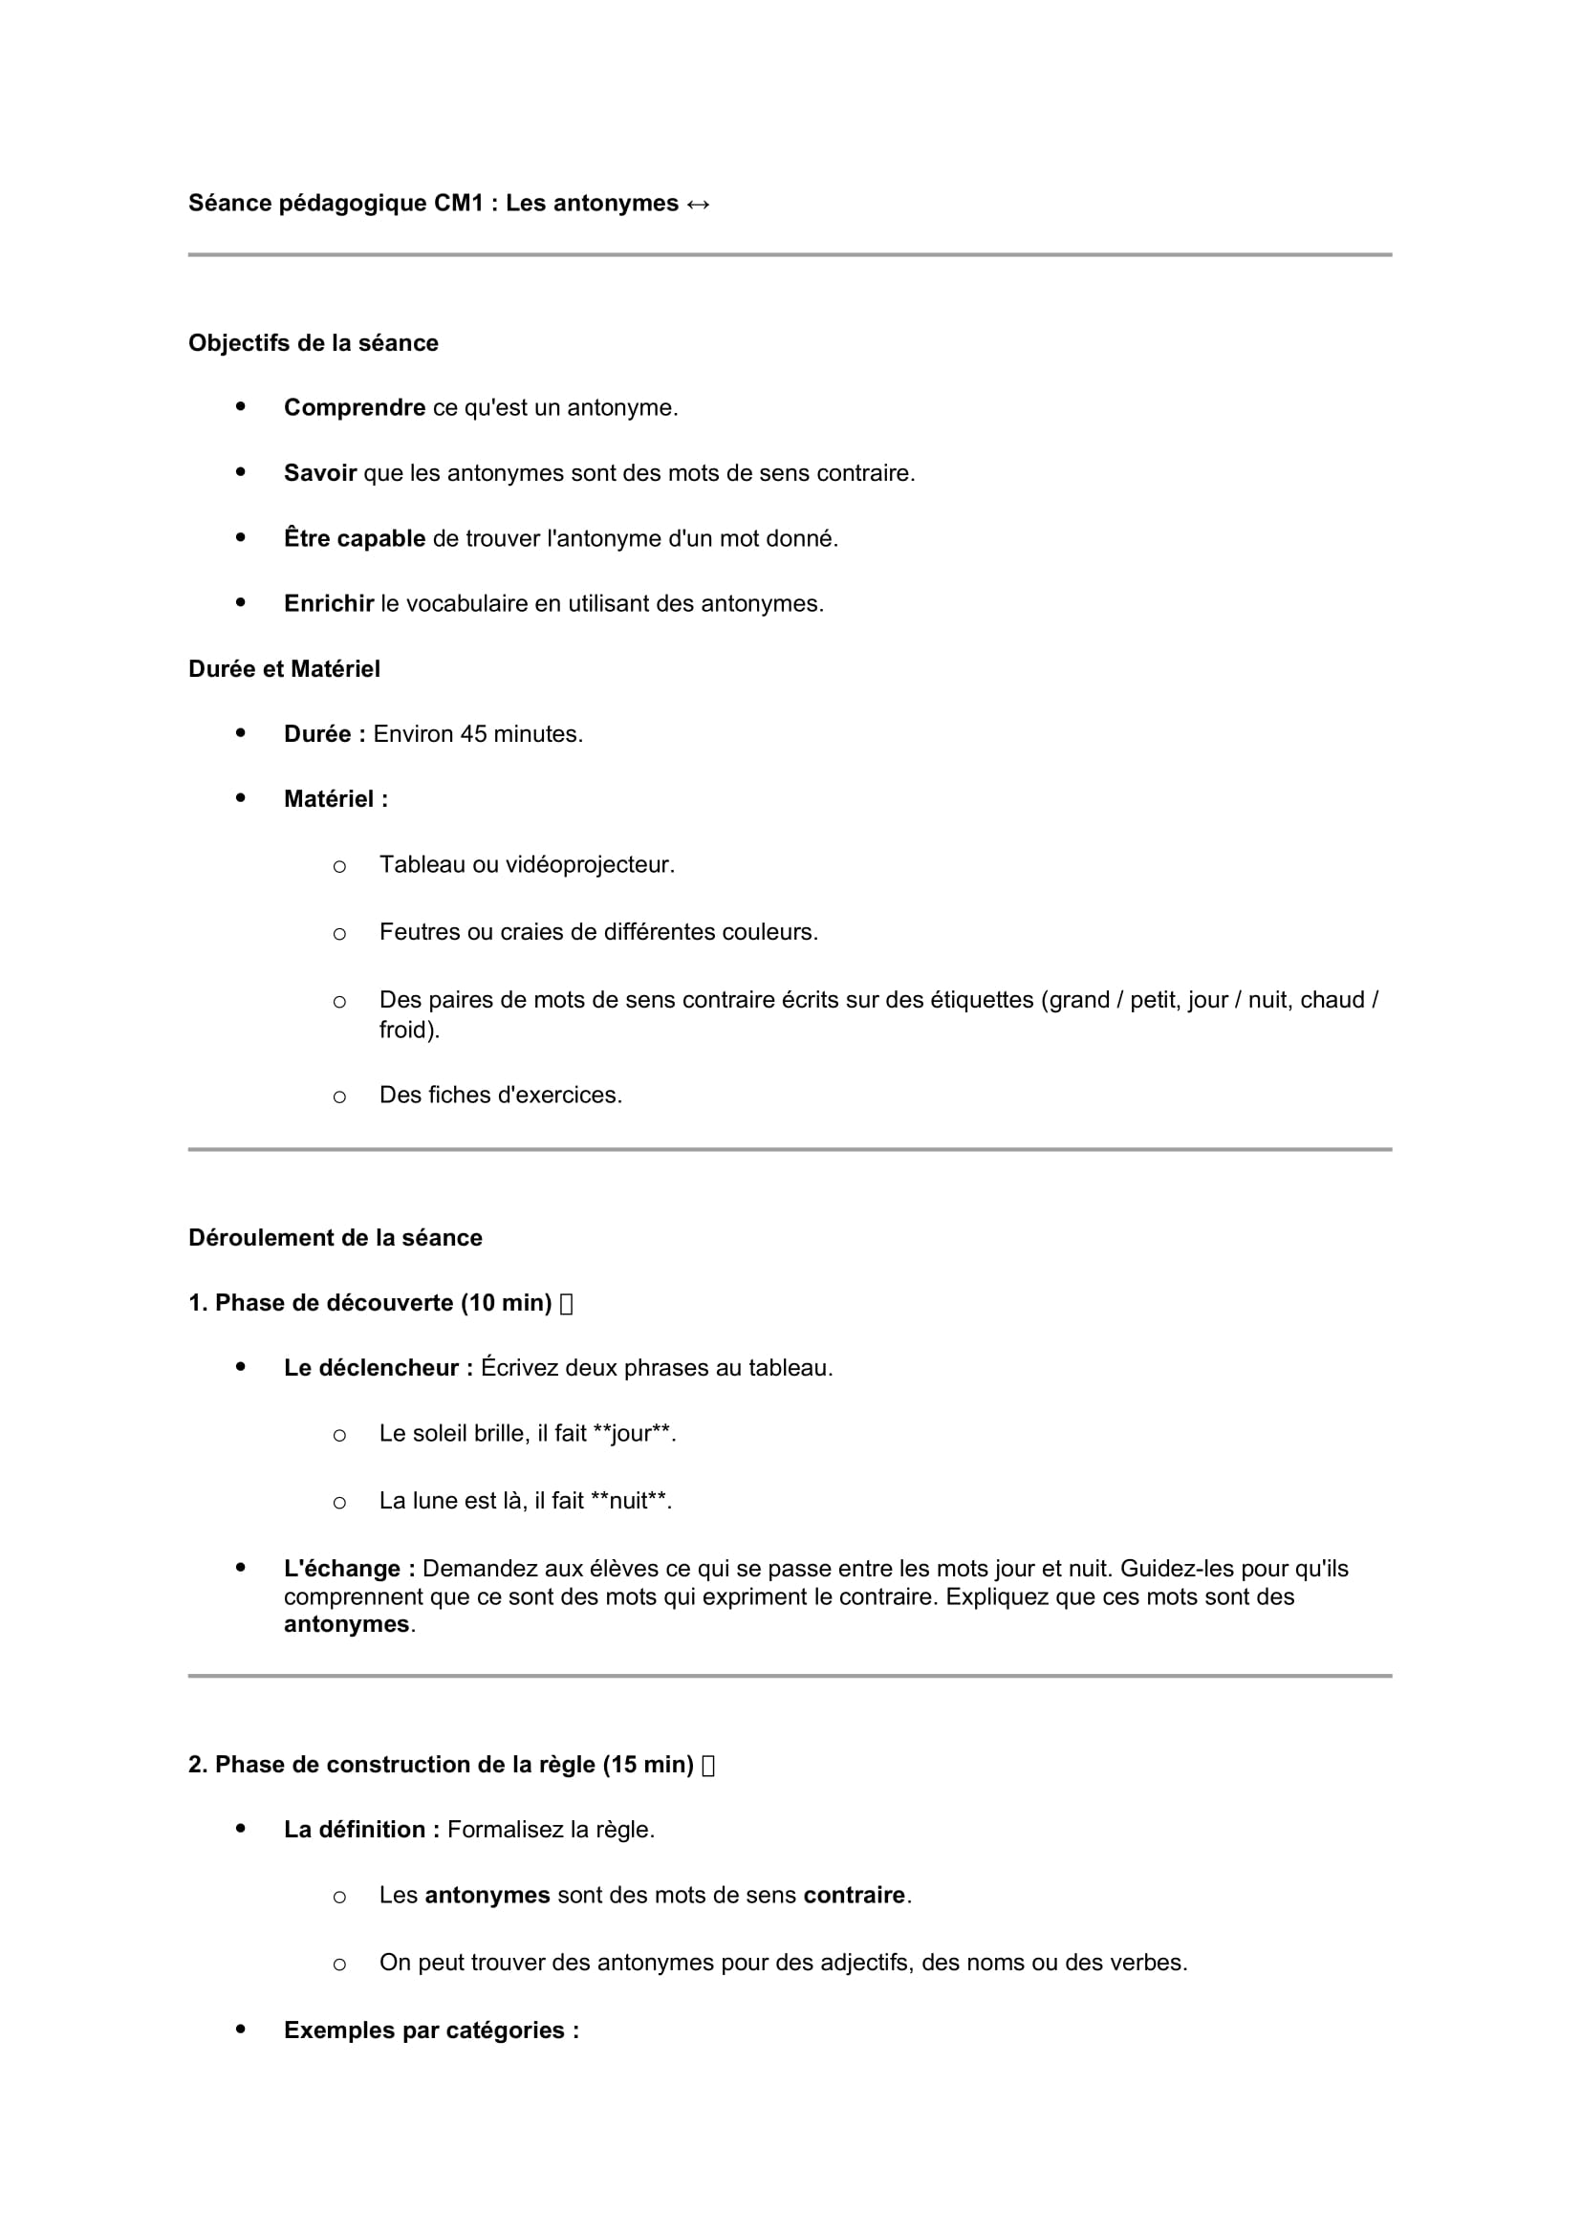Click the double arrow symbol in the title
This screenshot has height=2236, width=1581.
[x=698, y=204]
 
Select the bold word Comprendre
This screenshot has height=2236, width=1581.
[x=355, y=408]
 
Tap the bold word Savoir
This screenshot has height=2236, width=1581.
[x=319, y=473]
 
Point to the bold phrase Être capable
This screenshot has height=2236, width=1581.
[x=355, y=538]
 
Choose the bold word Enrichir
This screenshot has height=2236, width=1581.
[x=328, y=604]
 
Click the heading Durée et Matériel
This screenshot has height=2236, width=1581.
[x=284, y=669]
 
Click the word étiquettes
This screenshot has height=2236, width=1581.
[x=982, y=1000]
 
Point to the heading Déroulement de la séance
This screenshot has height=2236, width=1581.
[x=335, y=1238]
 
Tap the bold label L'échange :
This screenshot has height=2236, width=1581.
[x=350, y=1569]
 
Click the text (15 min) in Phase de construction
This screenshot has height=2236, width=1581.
[x=647, y=1765]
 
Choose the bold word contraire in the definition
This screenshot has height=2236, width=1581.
[x=854, y=1895]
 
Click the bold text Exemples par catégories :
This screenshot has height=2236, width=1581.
[x=431, y=2030]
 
